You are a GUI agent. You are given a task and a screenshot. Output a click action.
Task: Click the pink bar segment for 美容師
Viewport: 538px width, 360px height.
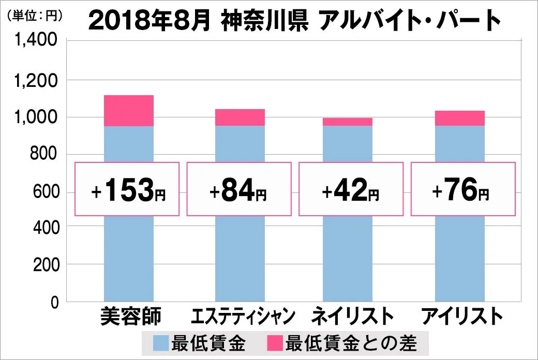coord(129,111)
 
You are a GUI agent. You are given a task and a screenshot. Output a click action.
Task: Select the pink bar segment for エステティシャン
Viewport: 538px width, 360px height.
coord(240,117)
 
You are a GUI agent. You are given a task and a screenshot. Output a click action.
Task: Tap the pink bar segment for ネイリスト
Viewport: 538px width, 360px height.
coord(347,122)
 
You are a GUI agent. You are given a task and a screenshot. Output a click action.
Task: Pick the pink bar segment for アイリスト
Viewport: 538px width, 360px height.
coord(459,118)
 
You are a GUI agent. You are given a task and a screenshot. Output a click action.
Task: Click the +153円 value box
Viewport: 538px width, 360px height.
coord(127,189)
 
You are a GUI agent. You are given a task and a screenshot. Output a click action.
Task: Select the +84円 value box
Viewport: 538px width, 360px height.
coord(239,189)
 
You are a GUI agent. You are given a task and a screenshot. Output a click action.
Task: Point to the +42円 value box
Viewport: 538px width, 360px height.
coord(350,189)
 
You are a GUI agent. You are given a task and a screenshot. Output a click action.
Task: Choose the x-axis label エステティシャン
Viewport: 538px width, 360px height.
coord(243,316)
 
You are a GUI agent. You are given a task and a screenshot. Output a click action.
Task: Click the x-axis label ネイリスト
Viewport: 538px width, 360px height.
coord(353,316)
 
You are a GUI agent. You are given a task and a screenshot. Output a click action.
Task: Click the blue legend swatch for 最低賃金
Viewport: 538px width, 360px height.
coord(160,342)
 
